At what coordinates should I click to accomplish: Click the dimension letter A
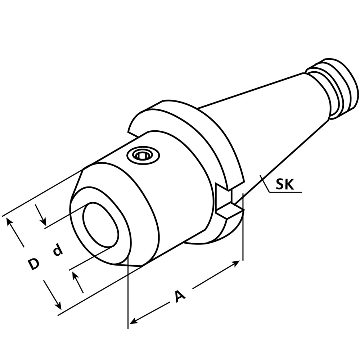tap(180, 296)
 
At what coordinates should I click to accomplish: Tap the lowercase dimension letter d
tap(57, 250)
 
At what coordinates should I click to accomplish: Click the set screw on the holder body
tap(143, 156)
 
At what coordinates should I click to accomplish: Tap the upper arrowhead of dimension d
tap(43, 221)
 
